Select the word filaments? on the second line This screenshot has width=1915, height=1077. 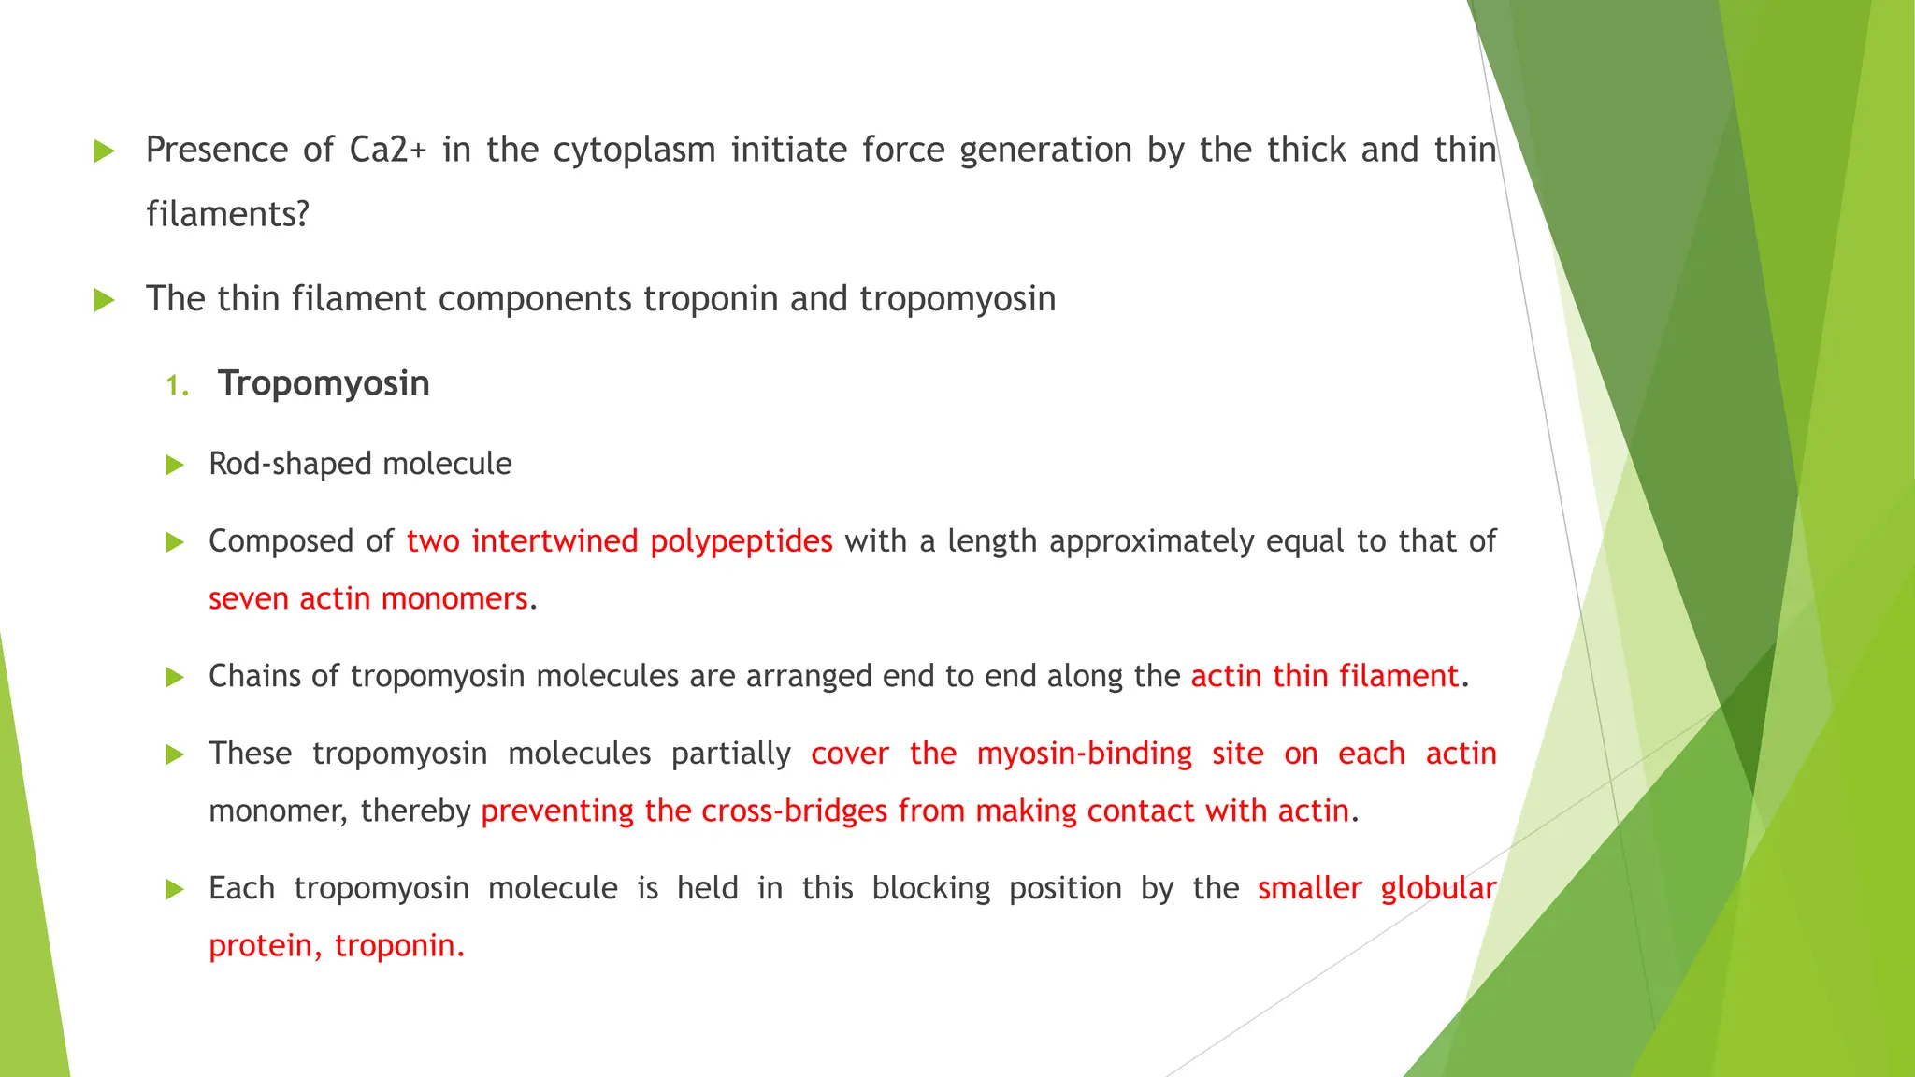tap(227, 214)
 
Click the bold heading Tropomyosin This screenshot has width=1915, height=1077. tap(324, 383)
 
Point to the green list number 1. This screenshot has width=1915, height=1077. tap(177, 385)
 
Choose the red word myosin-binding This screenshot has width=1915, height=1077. tap(1084, 754)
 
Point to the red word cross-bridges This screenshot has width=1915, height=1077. tap(794, 811)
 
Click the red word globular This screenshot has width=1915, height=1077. tap(1438, 888)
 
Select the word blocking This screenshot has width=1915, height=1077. tap(930, 888)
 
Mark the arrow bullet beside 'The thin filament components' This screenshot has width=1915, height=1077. tap(104, 300)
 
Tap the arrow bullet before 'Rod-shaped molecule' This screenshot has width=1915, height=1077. tap(175, 465)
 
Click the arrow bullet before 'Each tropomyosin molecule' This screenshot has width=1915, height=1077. tap(175, 889)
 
